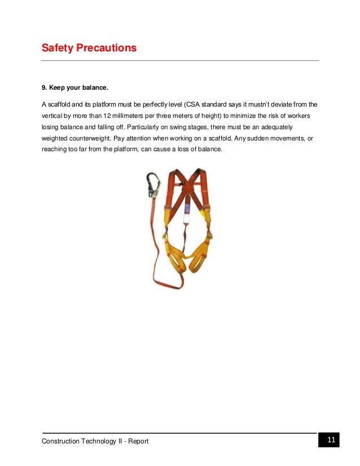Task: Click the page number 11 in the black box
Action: click(x=331, y=440)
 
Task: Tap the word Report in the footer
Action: click(x=138, y=441)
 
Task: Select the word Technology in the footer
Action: click(x=99, y=441)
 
